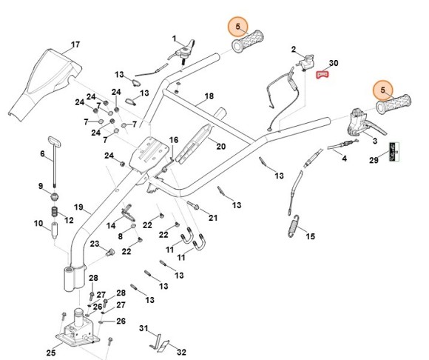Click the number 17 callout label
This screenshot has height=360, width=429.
click(75, 44)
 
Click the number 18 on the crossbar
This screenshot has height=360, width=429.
click(209, 97)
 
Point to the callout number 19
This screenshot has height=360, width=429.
click(78, 207)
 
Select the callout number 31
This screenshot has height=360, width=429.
click(144, 328)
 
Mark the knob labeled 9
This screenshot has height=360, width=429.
click(55, 195)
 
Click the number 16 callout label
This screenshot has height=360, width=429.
click(174, 139)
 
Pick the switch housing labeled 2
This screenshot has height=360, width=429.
click(305, 66)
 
